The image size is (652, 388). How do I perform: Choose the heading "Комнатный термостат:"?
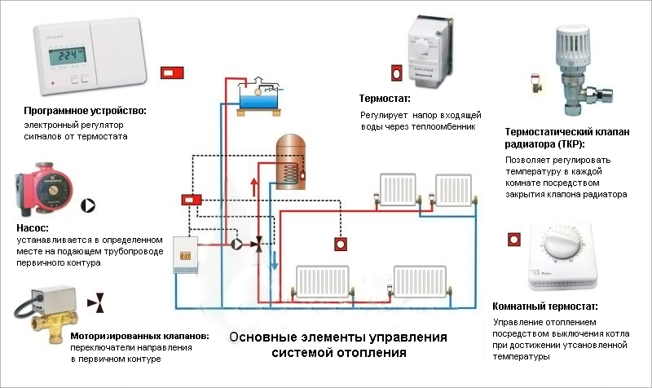(545, 306)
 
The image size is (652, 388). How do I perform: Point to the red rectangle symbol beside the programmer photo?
(172, 73)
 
